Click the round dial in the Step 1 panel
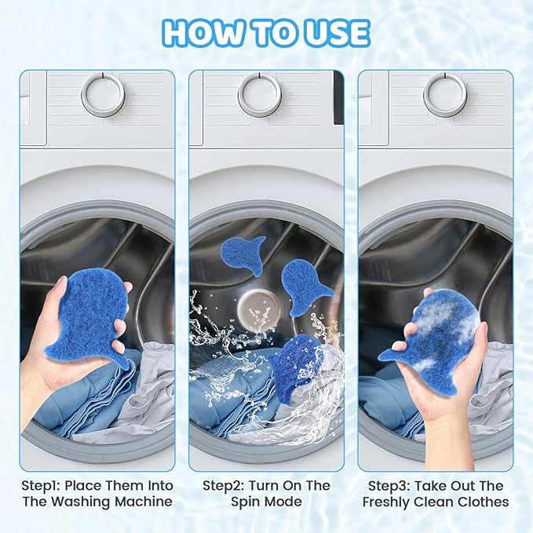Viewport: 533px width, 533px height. tap(103, 95)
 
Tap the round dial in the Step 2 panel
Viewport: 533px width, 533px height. tap(260, 95)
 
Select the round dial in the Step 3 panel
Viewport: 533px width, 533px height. tap(444, 95)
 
